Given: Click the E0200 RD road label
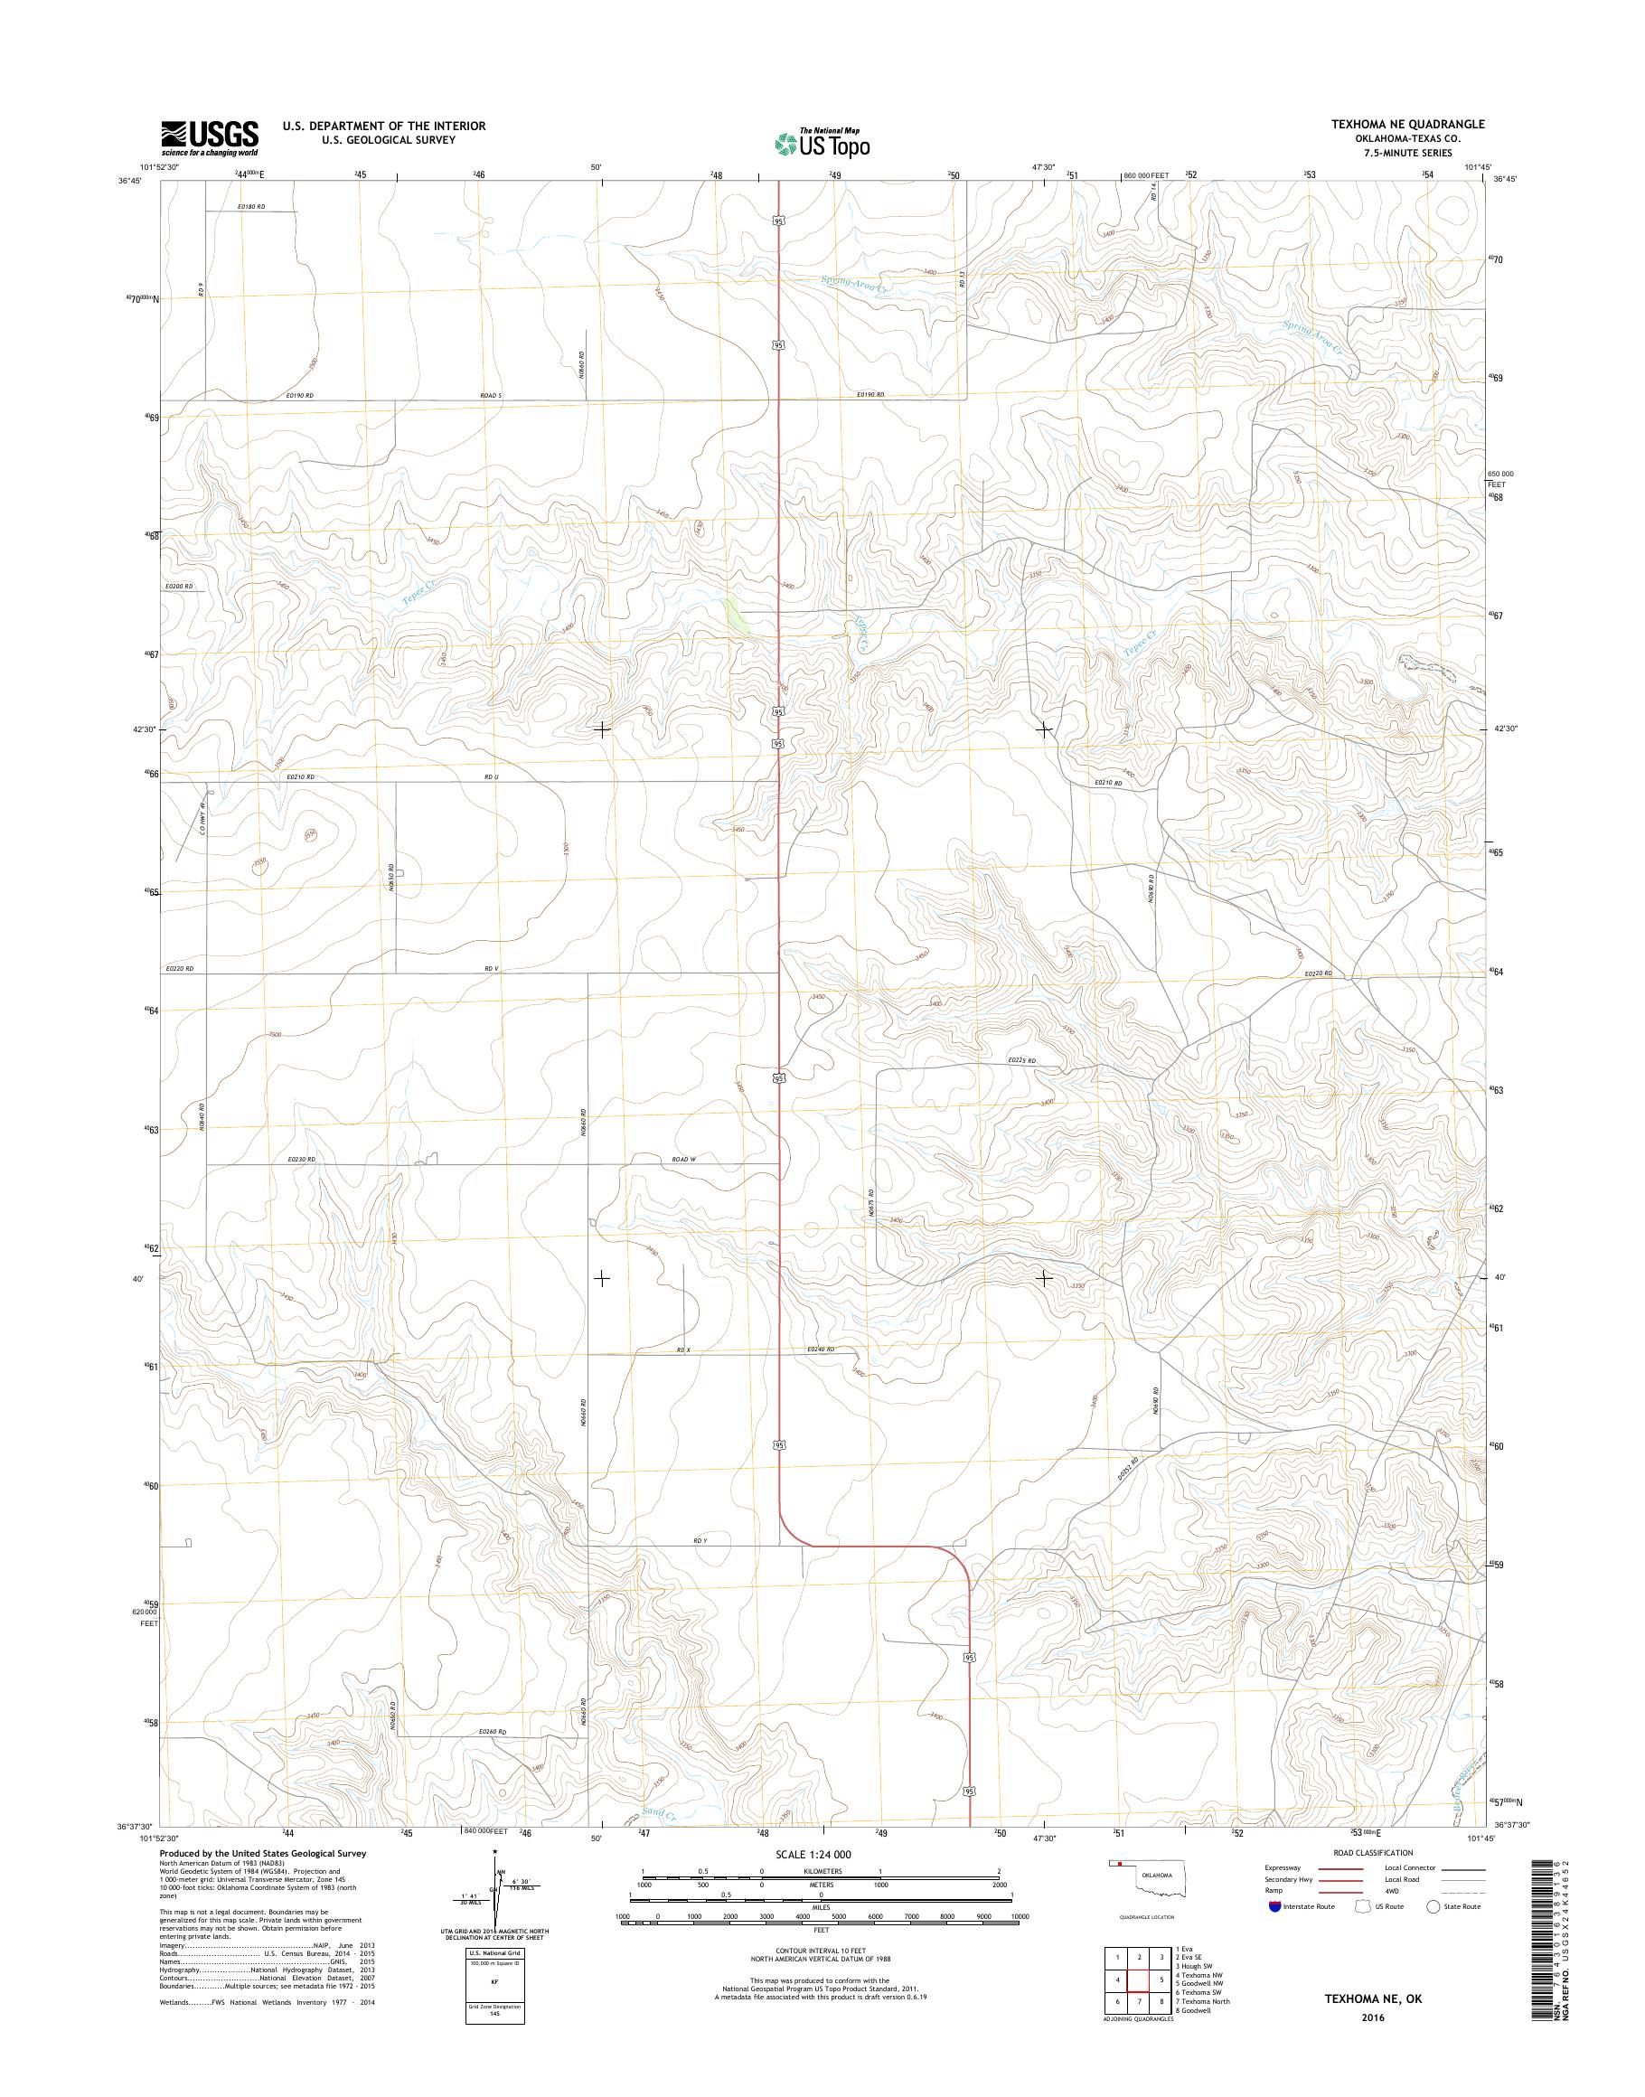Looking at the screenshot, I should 178,587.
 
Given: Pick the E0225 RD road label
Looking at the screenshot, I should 1021,1060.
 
